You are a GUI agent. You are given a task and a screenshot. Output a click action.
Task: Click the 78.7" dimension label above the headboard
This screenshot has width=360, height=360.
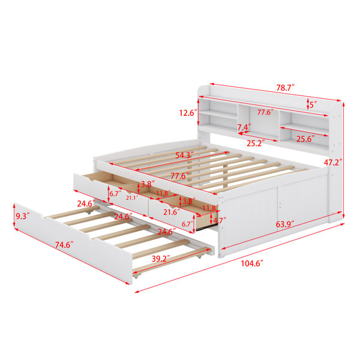click(285, 88)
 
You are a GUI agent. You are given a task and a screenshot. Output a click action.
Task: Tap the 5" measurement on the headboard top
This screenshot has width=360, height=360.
click(313, 105)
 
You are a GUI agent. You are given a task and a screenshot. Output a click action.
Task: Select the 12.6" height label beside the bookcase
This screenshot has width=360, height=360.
click(188, 113)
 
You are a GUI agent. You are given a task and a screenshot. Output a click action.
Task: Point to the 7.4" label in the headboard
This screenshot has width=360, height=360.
click(244, 127)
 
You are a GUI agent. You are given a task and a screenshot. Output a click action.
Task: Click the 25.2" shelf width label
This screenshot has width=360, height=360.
click(256, 143)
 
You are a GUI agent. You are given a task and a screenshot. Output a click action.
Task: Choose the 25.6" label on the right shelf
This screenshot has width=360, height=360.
click(305, 139)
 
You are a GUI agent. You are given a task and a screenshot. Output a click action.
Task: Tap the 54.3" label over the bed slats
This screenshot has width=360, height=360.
click(184, 155)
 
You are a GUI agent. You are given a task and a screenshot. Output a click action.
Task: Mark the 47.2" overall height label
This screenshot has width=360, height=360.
click(333, 163)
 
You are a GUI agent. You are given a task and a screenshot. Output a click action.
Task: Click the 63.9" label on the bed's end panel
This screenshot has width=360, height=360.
click(285, 224)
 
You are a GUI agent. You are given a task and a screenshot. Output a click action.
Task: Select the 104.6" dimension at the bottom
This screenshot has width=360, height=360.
click(251, 263)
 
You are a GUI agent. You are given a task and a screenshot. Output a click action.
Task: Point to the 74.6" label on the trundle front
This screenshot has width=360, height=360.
click(64, 245)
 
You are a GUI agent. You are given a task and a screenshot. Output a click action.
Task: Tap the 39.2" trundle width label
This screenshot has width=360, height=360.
click(161, 259)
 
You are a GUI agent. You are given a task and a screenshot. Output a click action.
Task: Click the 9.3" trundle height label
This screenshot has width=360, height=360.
click(23, 216)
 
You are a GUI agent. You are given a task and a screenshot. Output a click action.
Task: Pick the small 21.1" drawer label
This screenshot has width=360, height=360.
click(132, 197)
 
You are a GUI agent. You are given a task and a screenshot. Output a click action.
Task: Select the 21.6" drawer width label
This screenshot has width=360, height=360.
click(172, 212)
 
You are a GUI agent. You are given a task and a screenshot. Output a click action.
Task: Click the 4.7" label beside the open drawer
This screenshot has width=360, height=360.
click(220, 220)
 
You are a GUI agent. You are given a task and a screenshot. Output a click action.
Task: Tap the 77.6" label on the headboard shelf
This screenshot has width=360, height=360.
click(265, 112)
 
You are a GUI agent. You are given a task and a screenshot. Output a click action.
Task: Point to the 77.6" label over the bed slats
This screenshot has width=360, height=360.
click(179, 176)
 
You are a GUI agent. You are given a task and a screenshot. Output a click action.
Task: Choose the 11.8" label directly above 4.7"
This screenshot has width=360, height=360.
click(211, 208)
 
